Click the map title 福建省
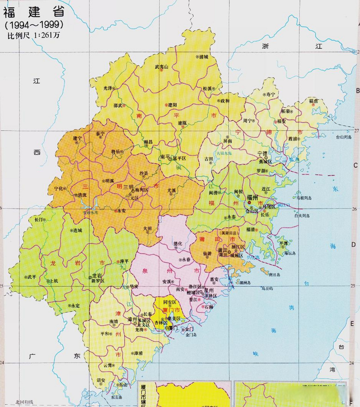[34, 12]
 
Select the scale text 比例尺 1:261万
[34, 35]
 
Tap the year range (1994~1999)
[34, 24]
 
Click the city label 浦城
[203, 57]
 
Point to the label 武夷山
[161, 67]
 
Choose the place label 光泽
[108, 88]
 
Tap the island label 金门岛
[192, 335]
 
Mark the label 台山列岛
[343, 137]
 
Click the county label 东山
[123, 385]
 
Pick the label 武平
[32, 277]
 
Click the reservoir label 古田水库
[225, 153]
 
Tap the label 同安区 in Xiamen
[170, 302]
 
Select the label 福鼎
[314, 101]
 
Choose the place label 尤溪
[172, 190]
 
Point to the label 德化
[178, 244]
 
